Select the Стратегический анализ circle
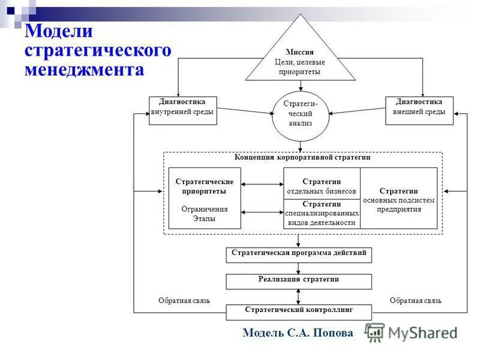pos(300,113)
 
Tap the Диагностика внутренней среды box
pos(182,110)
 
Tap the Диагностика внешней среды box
pos(419,110)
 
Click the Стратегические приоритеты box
pos(205,198)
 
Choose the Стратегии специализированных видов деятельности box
pos(322,214)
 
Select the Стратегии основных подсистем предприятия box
pos(398,198)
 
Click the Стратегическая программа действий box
pos(299,255)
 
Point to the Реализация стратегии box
pos(299,281)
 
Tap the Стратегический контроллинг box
pos(299,312)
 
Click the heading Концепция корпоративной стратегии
pos(302,157)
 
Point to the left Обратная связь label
pos(184,301)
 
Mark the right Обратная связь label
pos(416,301)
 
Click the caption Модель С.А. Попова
pos(298,333)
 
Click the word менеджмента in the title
pos(85,70)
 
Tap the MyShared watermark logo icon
pos(375,332)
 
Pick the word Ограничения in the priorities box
pos(205,209)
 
